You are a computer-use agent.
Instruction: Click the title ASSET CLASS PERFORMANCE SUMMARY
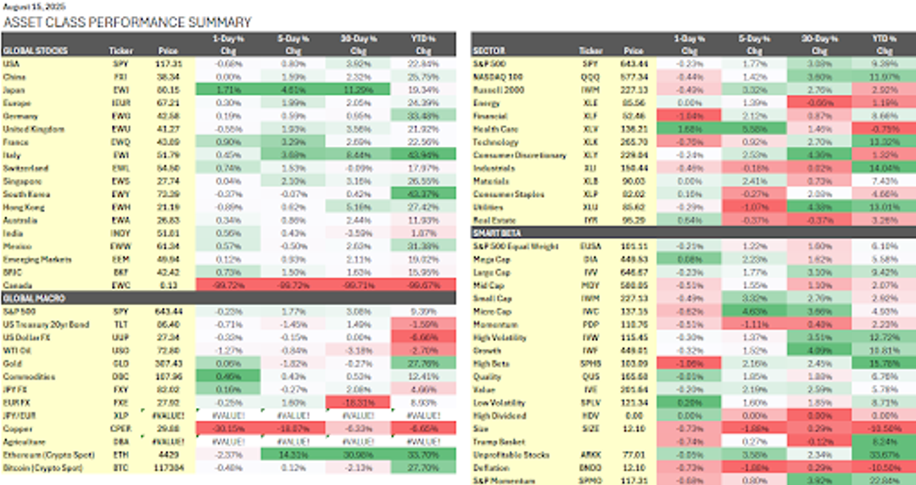click(128, 23)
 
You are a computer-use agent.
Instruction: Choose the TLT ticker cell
click(122, 324)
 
